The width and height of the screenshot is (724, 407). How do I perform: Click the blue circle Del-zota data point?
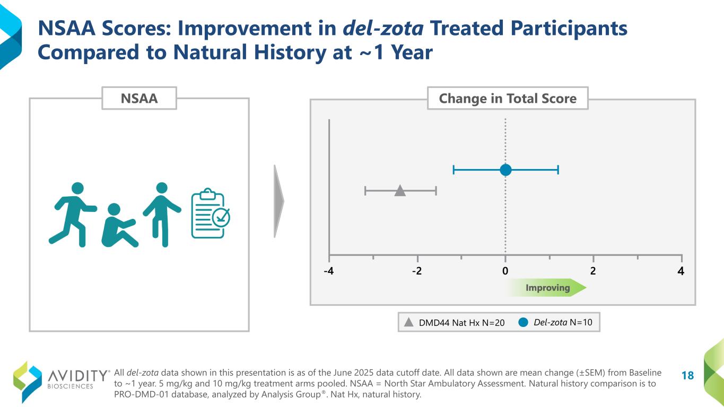coord(505,170)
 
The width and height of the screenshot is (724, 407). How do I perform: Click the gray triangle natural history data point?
coord(400,191)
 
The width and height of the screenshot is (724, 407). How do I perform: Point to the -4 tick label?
coord(329,271)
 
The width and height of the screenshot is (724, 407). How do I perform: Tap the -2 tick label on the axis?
coord(417,271)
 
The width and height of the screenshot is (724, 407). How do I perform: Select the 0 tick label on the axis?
coord(505,271)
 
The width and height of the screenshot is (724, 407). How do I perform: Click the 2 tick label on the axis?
coord(593,271)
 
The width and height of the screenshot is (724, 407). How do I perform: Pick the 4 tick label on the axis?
coord(681,271)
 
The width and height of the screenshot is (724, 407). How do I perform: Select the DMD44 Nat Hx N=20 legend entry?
coord(453,322)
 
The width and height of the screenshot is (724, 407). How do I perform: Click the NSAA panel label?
coord(139,98)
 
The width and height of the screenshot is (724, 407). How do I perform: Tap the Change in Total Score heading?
coord(508,98)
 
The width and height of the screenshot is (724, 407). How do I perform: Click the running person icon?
coord(73,214)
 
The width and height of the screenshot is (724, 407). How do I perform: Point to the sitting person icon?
coord(118,226)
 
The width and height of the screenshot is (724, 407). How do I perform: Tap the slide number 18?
coord(687,376)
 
